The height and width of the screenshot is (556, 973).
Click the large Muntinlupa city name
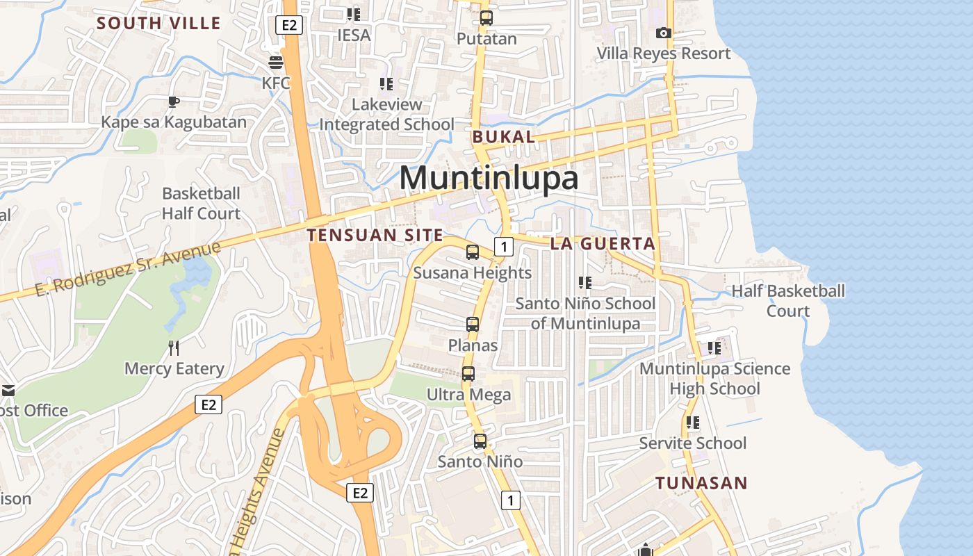[489, 178]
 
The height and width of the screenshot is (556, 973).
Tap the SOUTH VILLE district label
[158, 23]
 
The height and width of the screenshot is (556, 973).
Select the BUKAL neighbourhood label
[504, 137]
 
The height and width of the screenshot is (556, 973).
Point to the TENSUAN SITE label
[375, 235]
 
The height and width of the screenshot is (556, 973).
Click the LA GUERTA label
[603, 243]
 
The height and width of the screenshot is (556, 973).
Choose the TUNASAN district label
[701, 483]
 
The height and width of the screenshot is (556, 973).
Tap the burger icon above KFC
[276, 62]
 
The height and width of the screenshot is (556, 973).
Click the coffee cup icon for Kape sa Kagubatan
[173, 102]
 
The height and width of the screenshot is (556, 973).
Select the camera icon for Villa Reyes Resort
[664, 33]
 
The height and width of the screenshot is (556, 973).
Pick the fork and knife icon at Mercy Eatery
[174, 347]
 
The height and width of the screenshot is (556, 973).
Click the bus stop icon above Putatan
[486, 18]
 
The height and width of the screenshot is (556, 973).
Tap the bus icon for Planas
[473, 324]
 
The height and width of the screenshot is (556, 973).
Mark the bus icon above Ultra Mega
[468, 374]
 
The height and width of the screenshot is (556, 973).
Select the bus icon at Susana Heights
[473, 252]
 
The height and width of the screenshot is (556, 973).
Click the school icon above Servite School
[692, 422]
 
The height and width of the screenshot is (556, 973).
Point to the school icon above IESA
[354, 14]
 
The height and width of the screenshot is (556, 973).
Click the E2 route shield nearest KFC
[289, 25]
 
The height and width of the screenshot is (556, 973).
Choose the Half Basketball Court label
[788, 300]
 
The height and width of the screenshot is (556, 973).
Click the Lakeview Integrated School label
[386, 114]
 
